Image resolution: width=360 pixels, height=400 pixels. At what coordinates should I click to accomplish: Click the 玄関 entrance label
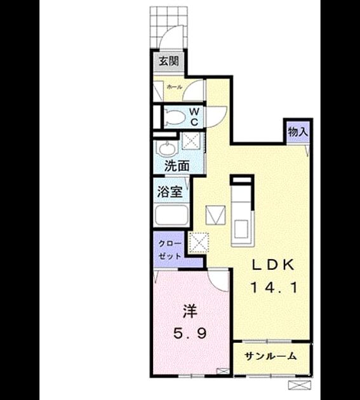tap(169, 61)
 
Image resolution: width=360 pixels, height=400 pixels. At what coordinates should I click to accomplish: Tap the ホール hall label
tap(175, 87)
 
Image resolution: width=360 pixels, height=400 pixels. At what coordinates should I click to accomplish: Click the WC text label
tap(194, 117)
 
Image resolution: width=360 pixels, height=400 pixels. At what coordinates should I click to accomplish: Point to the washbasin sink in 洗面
tap(166, 148)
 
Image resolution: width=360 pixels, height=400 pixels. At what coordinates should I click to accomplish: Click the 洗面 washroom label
tap(177, 166)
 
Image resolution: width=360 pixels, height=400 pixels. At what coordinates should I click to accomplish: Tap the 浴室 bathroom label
tap(170, 192)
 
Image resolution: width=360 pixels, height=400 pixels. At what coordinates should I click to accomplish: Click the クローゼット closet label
tap(170, 250)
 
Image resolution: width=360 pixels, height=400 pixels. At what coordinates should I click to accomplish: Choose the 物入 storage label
tap(298, 132)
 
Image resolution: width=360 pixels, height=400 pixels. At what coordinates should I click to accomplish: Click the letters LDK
tap(273, 265)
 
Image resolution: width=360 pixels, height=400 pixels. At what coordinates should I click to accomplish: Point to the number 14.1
tap(274, 288)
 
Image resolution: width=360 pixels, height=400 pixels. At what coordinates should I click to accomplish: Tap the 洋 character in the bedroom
tap(190, 312)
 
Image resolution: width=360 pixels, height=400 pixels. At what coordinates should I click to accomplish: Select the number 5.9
tap(190, 333)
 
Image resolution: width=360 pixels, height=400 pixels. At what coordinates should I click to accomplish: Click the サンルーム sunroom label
tap(270, 356)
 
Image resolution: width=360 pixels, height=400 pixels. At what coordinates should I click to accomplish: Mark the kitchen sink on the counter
tap(241, 229)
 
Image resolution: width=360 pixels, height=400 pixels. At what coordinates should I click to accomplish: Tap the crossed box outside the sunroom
tap(300, 385)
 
